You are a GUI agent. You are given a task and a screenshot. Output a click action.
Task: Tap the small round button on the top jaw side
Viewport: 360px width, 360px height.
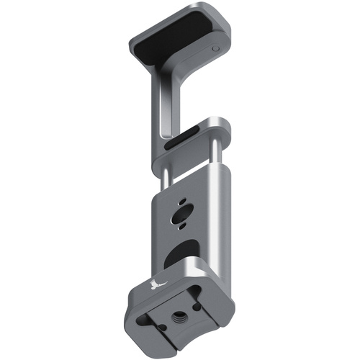pyautogui.click(x=216, y=50)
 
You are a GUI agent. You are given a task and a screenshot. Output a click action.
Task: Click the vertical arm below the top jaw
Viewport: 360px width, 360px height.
pyautogui.click(x=160, y=108)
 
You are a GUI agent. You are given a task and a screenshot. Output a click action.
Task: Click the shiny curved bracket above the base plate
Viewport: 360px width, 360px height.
pyautogui.click(x=205, y=270)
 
